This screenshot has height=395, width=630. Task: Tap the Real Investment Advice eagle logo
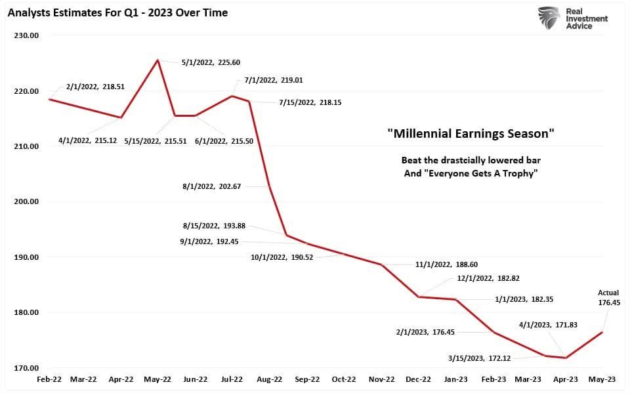[x=549, y=18]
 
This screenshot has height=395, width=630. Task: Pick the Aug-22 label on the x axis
[x=269, y=379]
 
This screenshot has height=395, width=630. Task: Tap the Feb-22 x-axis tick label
[x=49, y=379]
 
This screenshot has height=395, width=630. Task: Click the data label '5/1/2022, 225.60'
[x=211, y=62]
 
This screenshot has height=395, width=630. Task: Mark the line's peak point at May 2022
[x=157, y=60]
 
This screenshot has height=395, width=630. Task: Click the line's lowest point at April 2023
[x=566, y=358]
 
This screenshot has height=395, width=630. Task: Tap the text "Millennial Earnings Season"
[x=471, y=134]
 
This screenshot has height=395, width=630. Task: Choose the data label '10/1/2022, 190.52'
[x=282, y=257]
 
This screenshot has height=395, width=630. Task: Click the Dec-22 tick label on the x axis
[x=417, y=379]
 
